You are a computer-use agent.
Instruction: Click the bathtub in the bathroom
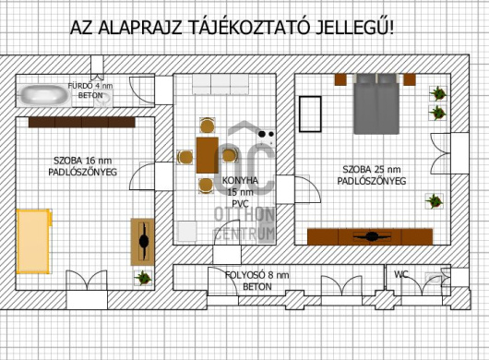coord(44,95)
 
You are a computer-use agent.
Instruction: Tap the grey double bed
coord(376,104)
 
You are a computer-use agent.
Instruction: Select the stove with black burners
coord(266,137)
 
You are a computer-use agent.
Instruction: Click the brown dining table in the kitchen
coord(207,155)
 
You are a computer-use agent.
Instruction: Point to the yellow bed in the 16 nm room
coord(34,241)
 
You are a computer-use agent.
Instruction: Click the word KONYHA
coord(240,180)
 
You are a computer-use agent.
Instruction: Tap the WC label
coord(401,274)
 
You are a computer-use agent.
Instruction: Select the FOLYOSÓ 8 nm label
coord(257,275)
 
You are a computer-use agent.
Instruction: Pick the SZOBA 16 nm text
coord(83,161)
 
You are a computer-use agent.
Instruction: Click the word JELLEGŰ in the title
coord(354,28)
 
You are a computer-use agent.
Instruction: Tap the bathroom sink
coord(103,98)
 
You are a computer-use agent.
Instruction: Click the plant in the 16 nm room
coord(143,277)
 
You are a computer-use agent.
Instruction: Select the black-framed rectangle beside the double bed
coord(310,114)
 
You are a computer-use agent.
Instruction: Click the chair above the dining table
coord(207,126)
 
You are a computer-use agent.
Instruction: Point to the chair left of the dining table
coord(185,157)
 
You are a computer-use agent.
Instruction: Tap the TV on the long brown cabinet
coord(372,236)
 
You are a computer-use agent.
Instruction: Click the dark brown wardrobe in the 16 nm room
coord(82,122)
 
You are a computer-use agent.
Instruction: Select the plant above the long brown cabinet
coord(435,201)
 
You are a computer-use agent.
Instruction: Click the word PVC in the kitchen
coord(240,204)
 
